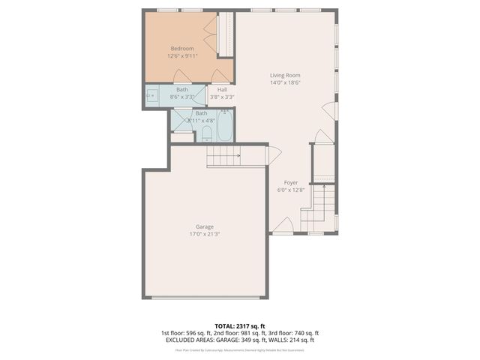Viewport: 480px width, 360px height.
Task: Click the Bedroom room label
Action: [x=181, y=49]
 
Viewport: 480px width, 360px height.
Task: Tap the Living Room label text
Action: [x=285, y=75]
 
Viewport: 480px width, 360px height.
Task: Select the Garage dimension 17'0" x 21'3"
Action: [x=204, y=234]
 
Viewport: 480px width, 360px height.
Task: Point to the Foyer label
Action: [x=291, y=182]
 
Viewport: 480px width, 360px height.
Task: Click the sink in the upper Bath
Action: [x=150, y=96]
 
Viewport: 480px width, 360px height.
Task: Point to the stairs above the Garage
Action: [x=222, y=156]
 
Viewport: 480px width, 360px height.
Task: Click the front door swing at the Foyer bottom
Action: [x=282, y=225]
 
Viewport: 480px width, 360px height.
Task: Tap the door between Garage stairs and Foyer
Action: [x=274, y=154]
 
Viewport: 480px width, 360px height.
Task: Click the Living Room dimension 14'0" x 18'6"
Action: [x=285, y=82]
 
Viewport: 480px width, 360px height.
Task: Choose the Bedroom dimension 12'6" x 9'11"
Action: [x=181, y=55]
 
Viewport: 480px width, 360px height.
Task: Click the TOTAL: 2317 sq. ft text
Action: [x=239, y=325]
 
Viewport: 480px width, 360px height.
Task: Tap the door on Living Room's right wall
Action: [x=329, y=110]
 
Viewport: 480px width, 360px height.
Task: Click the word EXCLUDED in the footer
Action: [x=182, y=340]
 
